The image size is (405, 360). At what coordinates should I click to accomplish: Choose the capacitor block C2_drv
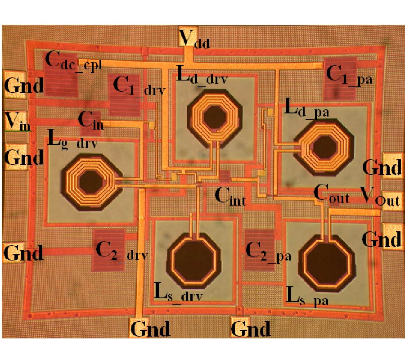(108, 250)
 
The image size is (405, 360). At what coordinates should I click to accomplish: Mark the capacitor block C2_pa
(260, 250)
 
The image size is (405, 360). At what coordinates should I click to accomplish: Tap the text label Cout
(331, 194)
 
